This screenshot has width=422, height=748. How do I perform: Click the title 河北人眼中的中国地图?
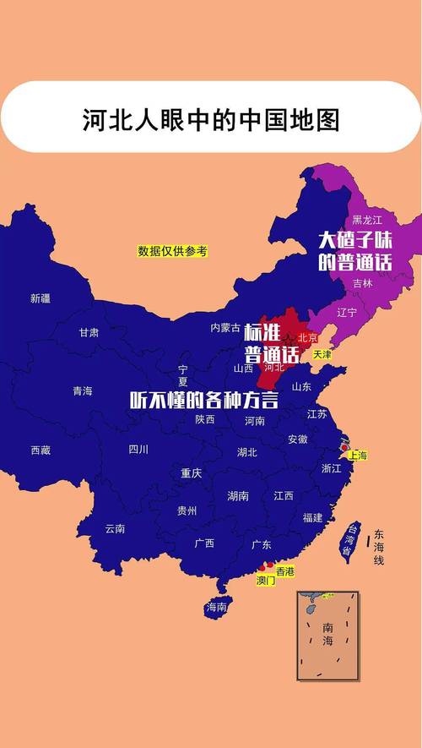click(210, 119)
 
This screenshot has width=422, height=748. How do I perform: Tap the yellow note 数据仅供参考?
click(172, 251)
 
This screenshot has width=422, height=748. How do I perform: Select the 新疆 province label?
click(41, 298)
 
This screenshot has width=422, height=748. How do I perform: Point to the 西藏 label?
click(41, 450)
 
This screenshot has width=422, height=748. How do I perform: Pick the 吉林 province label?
click(362, 283)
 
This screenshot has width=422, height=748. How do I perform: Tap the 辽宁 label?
click(347, 312)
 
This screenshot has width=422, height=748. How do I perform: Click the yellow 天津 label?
click(322, 354)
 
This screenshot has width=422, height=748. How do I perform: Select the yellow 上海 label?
click(357, 456)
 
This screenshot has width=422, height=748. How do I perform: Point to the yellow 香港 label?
click(284, 571)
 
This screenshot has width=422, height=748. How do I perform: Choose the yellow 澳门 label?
click(266, 581)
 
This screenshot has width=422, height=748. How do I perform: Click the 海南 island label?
click(217, 607)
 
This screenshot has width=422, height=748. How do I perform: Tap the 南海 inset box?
click(327, 636)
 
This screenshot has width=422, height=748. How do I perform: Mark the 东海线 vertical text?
click(379, 548)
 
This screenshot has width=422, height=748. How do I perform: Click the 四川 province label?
click(138, 449)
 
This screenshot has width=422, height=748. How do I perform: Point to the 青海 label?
click(82, 390)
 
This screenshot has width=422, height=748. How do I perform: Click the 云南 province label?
click(115, 528)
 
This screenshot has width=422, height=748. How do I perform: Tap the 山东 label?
click(301, 386)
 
